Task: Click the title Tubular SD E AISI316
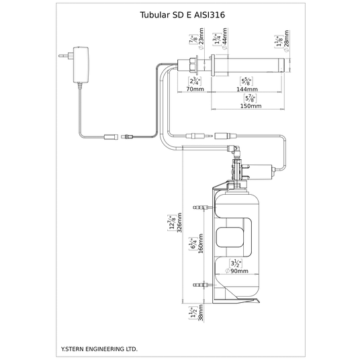(x=182, y=15)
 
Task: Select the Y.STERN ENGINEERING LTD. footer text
(x=99, y=349)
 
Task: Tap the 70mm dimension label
(x=195, y=89)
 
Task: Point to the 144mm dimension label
(x=247, y=89)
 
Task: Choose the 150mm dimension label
(x=251, y=106)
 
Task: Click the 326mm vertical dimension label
(x=179, y=223)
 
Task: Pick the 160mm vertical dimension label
(x=201, y=243)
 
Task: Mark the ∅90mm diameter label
(x=236, y=271)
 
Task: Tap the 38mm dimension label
(x=201, y=313)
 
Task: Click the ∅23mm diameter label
(x=201, y=38)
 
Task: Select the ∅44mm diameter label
(x=224, y=38)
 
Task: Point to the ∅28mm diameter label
(x=286, y=42)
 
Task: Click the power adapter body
(x=81, y=64)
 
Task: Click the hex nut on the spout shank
(x=191, y=64)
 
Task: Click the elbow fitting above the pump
(x=234, y=149)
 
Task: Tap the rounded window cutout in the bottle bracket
(x=230, y=237)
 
